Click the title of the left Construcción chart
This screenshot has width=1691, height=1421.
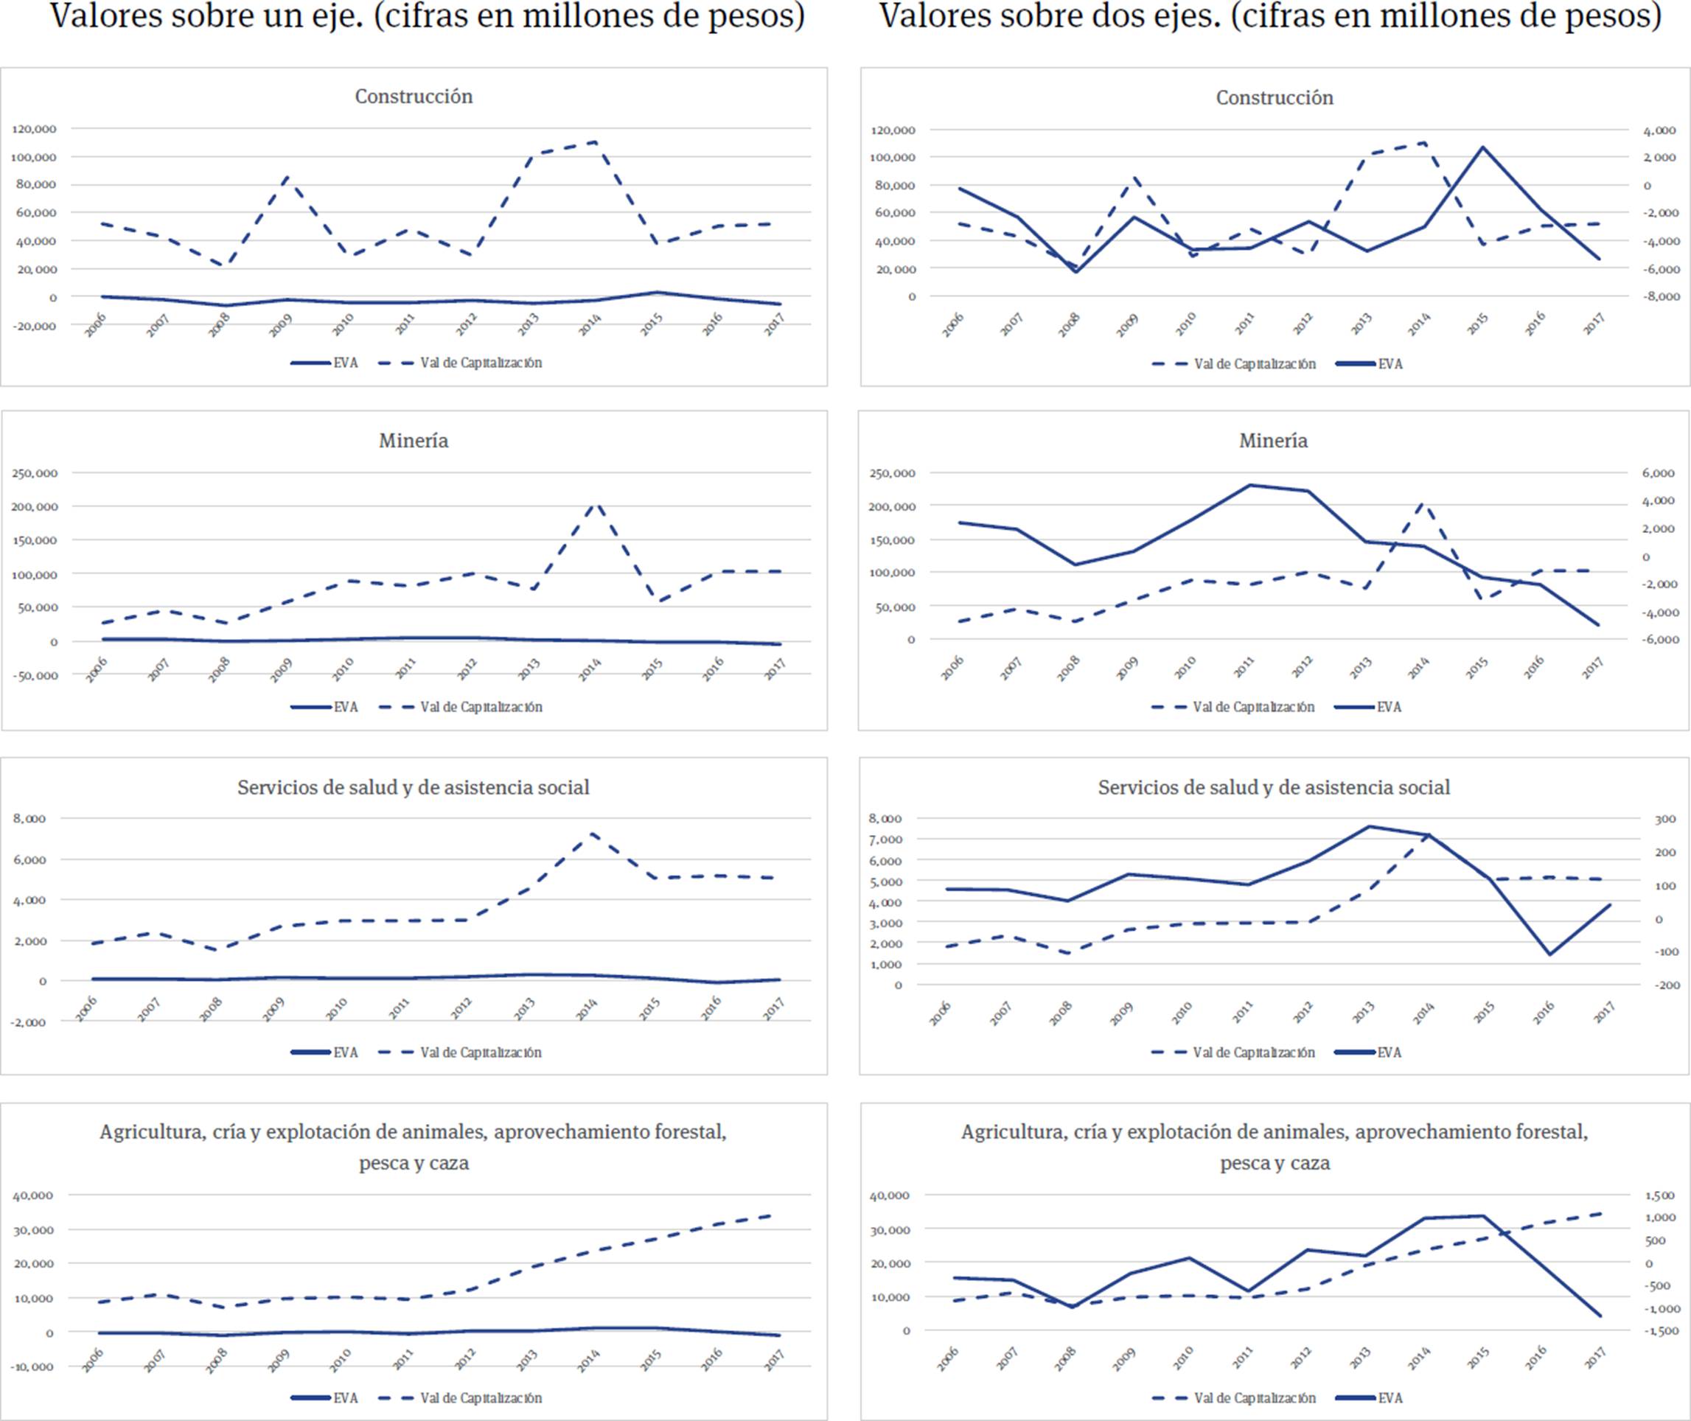coord(414,97)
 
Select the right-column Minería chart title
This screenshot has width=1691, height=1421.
coord(1273,441)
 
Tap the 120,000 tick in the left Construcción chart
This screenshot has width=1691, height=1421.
coord(34,129)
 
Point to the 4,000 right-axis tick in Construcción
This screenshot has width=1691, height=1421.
coord(1659,130)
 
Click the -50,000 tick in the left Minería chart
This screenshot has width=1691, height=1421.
coord(34,675)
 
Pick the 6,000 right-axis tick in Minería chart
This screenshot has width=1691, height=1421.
coord(1658,474)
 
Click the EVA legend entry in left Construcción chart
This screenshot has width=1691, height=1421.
coord(326,363)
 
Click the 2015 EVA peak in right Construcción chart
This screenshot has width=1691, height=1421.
coord(1482,147)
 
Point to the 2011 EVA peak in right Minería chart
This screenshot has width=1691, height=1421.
coord(1250,485)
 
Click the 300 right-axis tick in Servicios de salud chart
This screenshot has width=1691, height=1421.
coord(1664,820)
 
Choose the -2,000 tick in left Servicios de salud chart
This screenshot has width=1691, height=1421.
coord(29,1022)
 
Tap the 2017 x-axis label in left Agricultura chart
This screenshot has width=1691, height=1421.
coord(774,1361)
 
